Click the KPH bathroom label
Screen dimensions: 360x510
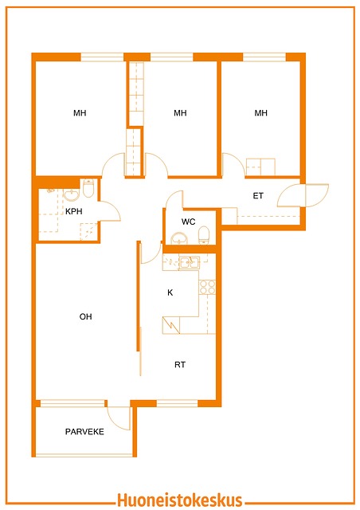point(74,211)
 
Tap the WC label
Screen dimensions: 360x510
point(188,222)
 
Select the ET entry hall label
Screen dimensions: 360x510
point(258,196)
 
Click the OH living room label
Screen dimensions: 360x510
point(85,316)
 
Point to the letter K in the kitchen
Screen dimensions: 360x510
point(170,292)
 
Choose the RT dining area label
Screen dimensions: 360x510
point(180,365)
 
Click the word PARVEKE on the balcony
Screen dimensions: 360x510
point(84,432)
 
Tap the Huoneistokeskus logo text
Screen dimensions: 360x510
point(179,500)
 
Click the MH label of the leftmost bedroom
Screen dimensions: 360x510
point(80,113)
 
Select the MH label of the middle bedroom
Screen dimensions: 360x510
point(180,113)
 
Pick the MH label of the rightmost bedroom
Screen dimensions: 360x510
point(260,113)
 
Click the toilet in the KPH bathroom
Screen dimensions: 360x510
point(88,188)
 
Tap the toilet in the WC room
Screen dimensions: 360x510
point(204,235)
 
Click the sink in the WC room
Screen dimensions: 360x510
point(179,238)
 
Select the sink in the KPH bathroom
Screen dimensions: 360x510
point(71,194)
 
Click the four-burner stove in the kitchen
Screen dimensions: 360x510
point(207,287)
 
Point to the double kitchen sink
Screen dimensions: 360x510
point(190,262)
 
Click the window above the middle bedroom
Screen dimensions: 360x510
point(172,57)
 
